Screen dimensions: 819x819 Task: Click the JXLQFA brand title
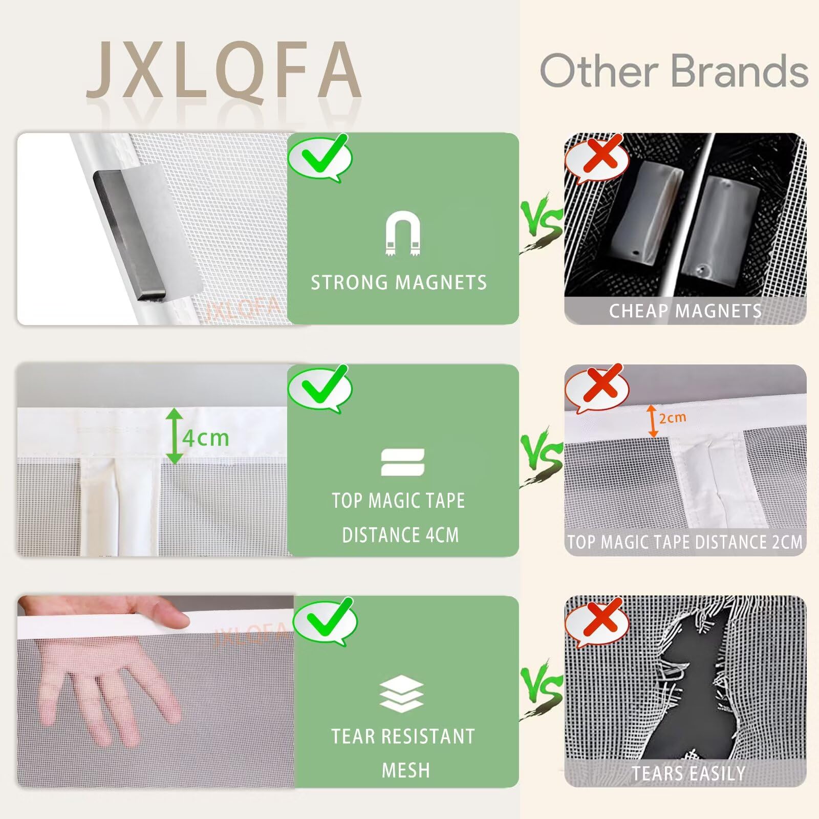coord(224,70)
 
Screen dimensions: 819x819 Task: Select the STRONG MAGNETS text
coord(399,283)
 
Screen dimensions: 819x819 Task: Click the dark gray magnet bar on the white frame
coord(128,235)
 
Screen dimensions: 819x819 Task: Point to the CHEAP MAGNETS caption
coord(685,311)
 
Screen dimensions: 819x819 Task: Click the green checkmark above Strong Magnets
coord(321,155)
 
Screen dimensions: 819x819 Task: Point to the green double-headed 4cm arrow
coord(175,436)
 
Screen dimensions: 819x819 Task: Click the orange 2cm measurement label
coord(673,418)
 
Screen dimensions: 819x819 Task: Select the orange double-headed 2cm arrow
coord(653,421)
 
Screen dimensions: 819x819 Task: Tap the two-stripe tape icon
coord(403,462)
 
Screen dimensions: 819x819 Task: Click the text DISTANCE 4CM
coord(400,535)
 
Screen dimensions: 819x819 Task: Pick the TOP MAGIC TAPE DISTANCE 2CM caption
coord(685,542)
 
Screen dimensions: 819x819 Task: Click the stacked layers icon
coord(401,694)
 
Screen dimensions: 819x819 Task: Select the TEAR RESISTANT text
coord(403,736)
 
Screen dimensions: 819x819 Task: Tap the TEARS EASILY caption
coord(688,773)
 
